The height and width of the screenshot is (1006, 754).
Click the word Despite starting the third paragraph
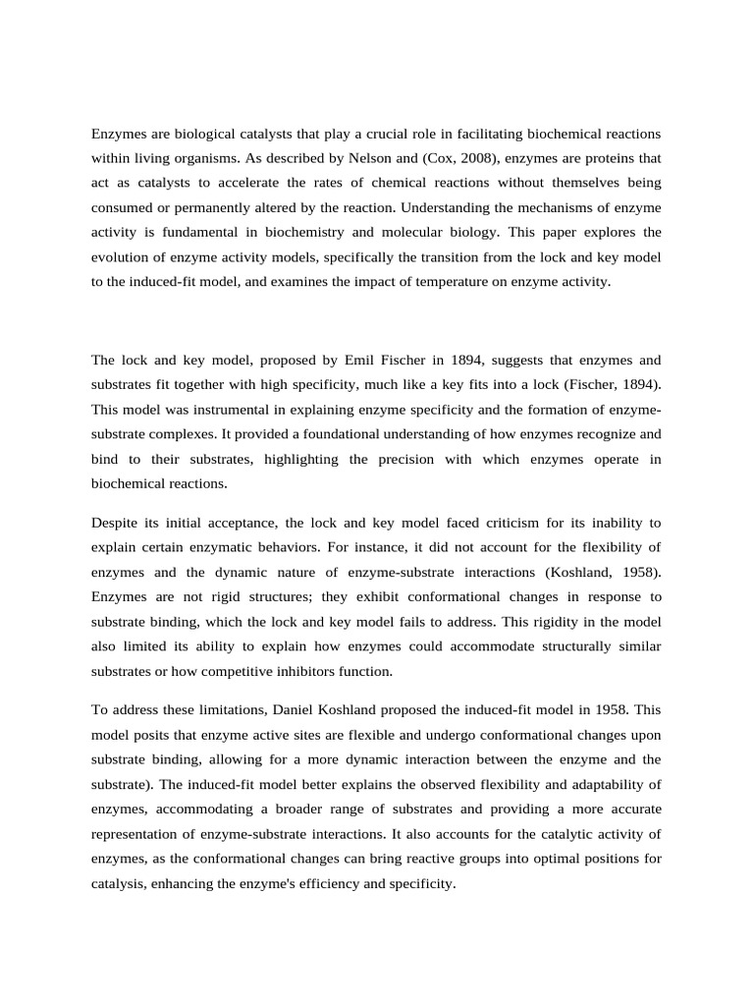(117, 523)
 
